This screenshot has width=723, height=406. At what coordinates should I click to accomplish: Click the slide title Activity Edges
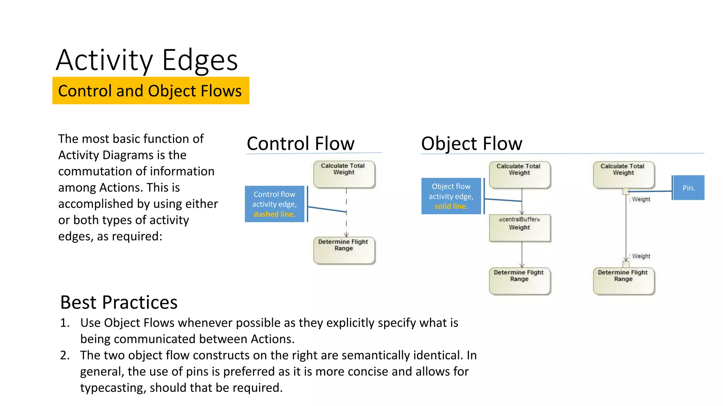click(x=147, y=60)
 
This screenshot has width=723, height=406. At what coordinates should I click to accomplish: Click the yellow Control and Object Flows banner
click(x=151, y=91)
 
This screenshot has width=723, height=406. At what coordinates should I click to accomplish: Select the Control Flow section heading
click(x=300, y=143)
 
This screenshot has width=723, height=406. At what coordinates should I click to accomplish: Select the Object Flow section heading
click(x=472, y=143)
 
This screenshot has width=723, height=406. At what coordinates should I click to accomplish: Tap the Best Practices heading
click(x=119, y=302)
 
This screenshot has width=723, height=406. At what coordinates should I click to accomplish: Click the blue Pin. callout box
click(x=688, y=188)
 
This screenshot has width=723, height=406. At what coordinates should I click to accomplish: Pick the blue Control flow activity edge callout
click(x=274, y=204)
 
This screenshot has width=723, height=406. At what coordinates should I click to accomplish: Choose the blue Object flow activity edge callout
click(x=451, y=196)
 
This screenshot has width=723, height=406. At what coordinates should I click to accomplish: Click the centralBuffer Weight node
click(x=519, y=228)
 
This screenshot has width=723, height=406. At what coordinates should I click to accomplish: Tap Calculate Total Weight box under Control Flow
click(x=344, y=174)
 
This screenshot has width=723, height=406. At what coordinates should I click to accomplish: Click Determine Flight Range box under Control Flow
click(x=344, y=250)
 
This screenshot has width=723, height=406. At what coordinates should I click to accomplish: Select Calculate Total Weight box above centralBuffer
click(x=519, y=174)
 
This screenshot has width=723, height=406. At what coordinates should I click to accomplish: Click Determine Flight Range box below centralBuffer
click(x=519, y=281)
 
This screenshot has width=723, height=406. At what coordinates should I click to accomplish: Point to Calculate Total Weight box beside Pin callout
click(x=623, y=174)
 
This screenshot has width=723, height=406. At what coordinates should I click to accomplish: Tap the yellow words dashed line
click(x=273, y=214)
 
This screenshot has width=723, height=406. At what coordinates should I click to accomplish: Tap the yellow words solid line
click(x=450, y=207)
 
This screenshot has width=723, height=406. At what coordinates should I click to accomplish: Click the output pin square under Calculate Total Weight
click(x=626, y=191)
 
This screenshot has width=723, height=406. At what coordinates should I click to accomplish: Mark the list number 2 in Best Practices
click(x=65, y=355)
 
